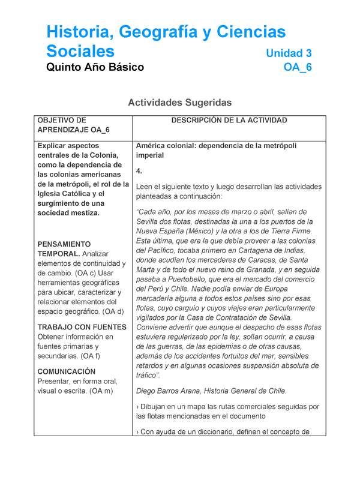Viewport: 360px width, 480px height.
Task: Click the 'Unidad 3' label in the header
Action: pyautogui.click(x=289, y=53)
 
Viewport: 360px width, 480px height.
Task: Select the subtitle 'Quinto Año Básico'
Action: pyautogui.click(x=95, y=67)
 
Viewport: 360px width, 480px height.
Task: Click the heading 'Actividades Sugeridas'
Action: pyautogui.click(x=180, y=103)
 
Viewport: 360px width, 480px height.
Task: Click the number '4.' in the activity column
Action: pyautogui.click(x=140, y=171)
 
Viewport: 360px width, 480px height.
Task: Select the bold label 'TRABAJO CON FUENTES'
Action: pyautogui.click(x=82, y=328)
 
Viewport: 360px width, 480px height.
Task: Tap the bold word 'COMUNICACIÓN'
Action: pyautogui.click(x=66, y=371)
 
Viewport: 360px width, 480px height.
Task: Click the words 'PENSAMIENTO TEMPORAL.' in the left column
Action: pyautogui.click(x=64, y=249)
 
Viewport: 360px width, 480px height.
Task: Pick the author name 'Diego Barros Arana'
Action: pyautogui.click(x=171, y=391)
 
